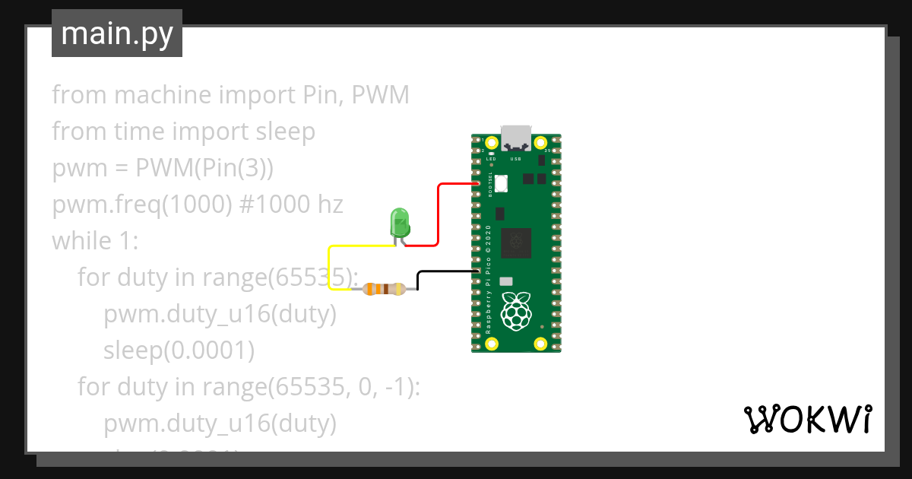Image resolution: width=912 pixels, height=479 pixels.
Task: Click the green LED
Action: point(399,223)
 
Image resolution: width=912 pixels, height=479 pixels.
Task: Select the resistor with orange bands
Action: point(384,288)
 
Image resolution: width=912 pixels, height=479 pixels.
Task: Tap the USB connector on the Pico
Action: point(516,138)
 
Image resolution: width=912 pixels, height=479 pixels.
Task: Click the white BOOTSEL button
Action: point(502,183)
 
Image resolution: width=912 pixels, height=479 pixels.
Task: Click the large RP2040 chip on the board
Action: point(518,242)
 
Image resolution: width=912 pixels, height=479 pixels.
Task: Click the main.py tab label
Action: point(116,33)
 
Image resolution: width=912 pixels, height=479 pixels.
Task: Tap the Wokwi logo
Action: point(806,419)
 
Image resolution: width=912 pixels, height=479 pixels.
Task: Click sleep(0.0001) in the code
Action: point(179,351)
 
